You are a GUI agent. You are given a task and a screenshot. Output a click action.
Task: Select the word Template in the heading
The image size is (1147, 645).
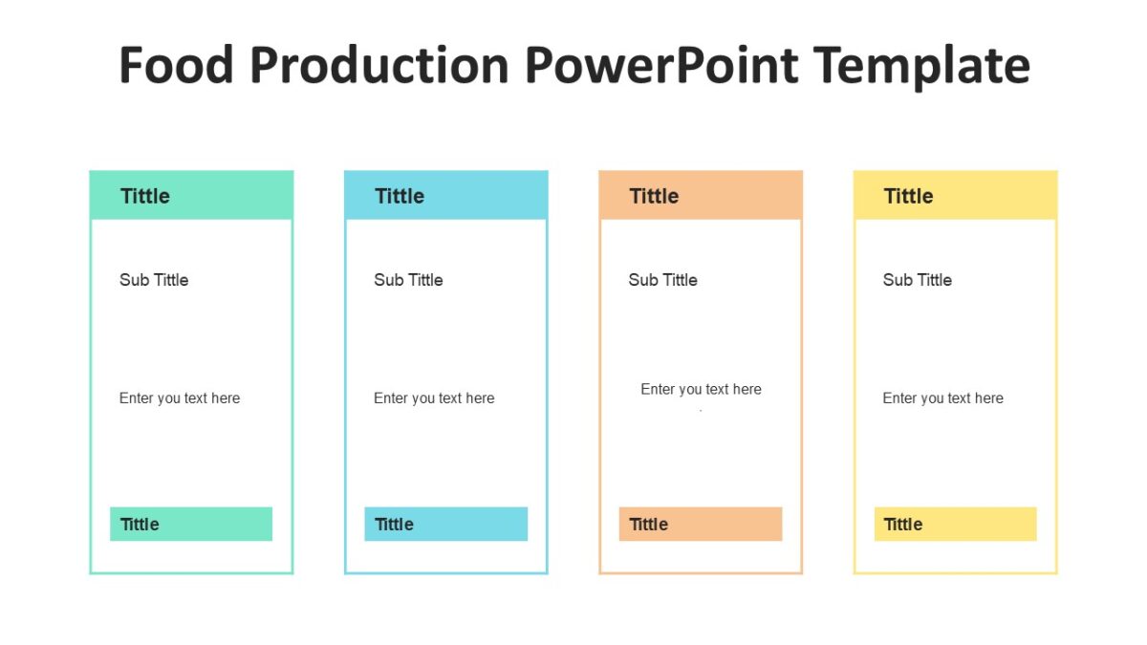pos(922,66)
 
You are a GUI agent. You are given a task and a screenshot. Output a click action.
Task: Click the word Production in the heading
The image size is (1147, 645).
pos(379,66)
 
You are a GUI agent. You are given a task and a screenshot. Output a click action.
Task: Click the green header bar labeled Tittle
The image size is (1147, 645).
pos(191,196)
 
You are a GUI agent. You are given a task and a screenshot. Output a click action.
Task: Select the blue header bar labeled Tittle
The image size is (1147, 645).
pos(445,196)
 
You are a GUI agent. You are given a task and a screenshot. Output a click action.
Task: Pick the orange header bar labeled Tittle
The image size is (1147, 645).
pos(701,196)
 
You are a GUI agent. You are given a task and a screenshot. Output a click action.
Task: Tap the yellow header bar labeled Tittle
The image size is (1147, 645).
pos(955,196)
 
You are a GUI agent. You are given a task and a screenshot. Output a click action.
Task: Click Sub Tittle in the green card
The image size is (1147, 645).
pos(154,280)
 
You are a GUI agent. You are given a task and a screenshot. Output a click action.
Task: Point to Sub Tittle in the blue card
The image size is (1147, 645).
pos(408,280)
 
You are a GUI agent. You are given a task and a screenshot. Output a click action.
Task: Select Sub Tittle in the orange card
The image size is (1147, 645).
pos(662,280)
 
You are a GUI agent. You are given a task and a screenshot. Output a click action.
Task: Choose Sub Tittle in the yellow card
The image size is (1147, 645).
pos(917,280)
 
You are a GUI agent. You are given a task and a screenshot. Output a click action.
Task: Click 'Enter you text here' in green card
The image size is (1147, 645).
pos(180,398)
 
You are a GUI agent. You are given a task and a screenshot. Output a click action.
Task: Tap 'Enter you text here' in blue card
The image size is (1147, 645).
pos(434,398)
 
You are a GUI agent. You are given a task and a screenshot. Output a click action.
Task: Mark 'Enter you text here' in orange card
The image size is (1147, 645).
pos(701,390)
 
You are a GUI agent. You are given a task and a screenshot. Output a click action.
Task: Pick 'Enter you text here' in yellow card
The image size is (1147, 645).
pos(942,398)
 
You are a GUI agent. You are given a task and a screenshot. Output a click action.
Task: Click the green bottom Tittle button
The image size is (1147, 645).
pos(191,524)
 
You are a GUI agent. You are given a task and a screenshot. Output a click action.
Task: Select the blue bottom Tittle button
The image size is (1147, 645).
pos(445,524)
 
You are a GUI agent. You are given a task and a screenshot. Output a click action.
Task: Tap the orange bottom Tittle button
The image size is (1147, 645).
pos(701,524)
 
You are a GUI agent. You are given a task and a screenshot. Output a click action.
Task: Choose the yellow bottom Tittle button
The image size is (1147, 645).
pos(955,524)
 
